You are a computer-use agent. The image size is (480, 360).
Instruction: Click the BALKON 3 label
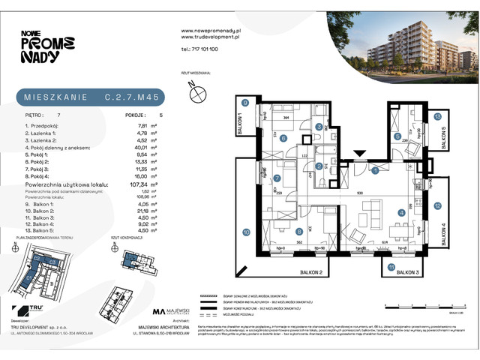pos(411,271)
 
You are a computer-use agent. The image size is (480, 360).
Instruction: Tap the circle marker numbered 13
pos(437,116)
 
